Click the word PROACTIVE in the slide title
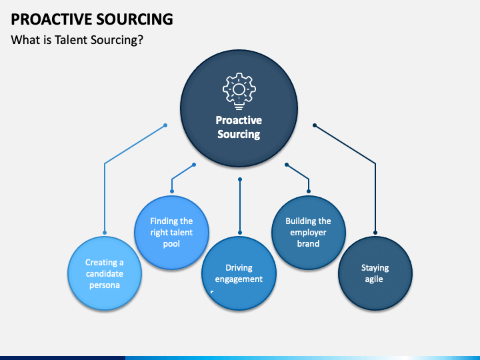click(52, 19)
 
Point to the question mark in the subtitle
click(141, 40)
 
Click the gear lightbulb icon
click(239, 91)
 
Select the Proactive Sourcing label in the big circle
click(239, 127)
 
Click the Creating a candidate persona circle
click(105, 273)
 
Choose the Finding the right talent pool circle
click(172, 233)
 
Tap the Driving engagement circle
click(239, 273)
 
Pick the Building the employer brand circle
click(309, 233)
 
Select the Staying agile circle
click(375, 273)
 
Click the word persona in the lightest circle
click(105, 285)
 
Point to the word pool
click(171, 244)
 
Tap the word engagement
click(239, 279)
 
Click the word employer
click(308, 233)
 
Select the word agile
click(374, 279)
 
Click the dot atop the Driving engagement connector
click(240, 179)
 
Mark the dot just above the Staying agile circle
click(375, 233)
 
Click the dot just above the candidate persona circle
click(105, 233)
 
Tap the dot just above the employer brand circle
click(309, 191)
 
